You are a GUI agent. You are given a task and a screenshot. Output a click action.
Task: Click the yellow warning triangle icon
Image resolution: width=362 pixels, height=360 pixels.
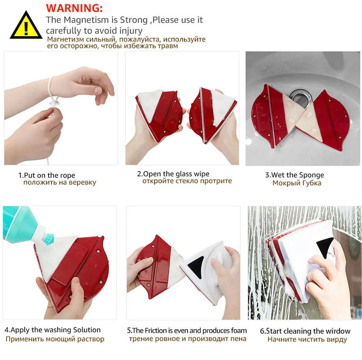[x=25, y=25]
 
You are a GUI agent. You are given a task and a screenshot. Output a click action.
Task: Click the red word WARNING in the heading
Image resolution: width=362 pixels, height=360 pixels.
[x=74, y=8]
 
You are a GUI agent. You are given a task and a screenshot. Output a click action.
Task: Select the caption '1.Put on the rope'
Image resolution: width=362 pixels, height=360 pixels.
[x=47, y=175]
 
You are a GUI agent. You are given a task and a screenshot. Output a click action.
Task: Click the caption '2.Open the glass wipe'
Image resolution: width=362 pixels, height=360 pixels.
[x=173, y=174]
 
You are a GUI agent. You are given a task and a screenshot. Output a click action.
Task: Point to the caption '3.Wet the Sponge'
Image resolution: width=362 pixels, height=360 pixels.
[x=294, y=175]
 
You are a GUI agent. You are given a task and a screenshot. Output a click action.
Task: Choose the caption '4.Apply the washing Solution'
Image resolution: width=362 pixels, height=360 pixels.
[x=52, y=330]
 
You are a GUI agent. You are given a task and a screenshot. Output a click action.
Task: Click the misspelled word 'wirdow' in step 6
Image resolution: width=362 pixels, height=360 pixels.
[x=338, y=331]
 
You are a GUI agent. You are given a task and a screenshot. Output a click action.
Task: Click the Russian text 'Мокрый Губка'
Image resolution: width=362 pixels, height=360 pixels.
[x=297, y=183]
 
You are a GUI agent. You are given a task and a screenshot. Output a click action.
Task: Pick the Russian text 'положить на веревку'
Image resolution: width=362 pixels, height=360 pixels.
[x=59, y=183]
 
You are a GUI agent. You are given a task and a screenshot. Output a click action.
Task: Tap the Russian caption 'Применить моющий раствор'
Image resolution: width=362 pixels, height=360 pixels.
[x=55, y=339]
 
